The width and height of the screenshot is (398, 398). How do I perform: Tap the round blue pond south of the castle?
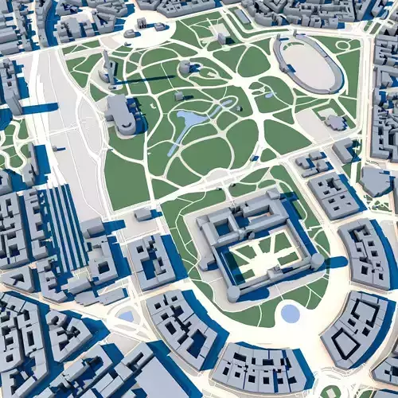tap(291, 314)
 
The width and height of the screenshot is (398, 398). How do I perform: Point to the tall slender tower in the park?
tap(105, 64)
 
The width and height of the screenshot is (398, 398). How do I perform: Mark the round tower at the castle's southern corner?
tap(232, 294)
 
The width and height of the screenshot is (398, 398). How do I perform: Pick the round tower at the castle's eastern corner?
tap(317, 260)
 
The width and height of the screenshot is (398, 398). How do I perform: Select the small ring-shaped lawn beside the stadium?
tap(342, 45)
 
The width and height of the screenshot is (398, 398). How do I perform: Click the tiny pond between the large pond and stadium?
tap(230, 103)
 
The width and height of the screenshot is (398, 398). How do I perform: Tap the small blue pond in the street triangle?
tap(126, 316)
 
